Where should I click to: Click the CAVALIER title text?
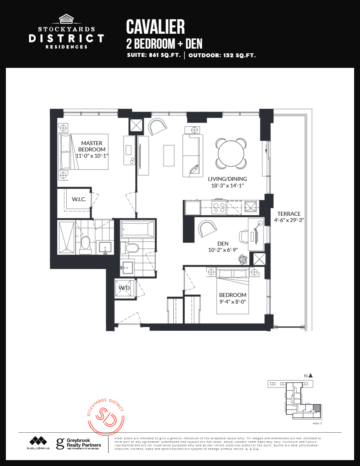pos(155,27)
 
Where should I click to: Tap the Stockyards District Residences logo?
pos(66,32)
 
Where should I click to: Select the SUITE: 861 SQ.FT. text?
pos(154,55)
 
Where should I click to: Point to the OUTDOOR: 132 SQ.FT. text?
pos(222,55)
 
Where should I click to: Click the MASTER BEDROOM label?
pos(92,146)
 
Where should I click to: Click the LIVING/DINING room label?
pos(227,179)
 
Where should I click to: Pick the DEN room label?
pos(223,244)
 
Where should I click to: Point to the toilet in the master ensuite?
pos(85,245)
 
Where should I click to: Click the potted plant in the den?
pos(243,259)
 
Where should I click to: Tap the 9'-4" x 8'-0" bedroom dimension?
pos(233,301)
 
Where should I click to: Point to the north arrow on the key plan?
pos(310,375)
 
